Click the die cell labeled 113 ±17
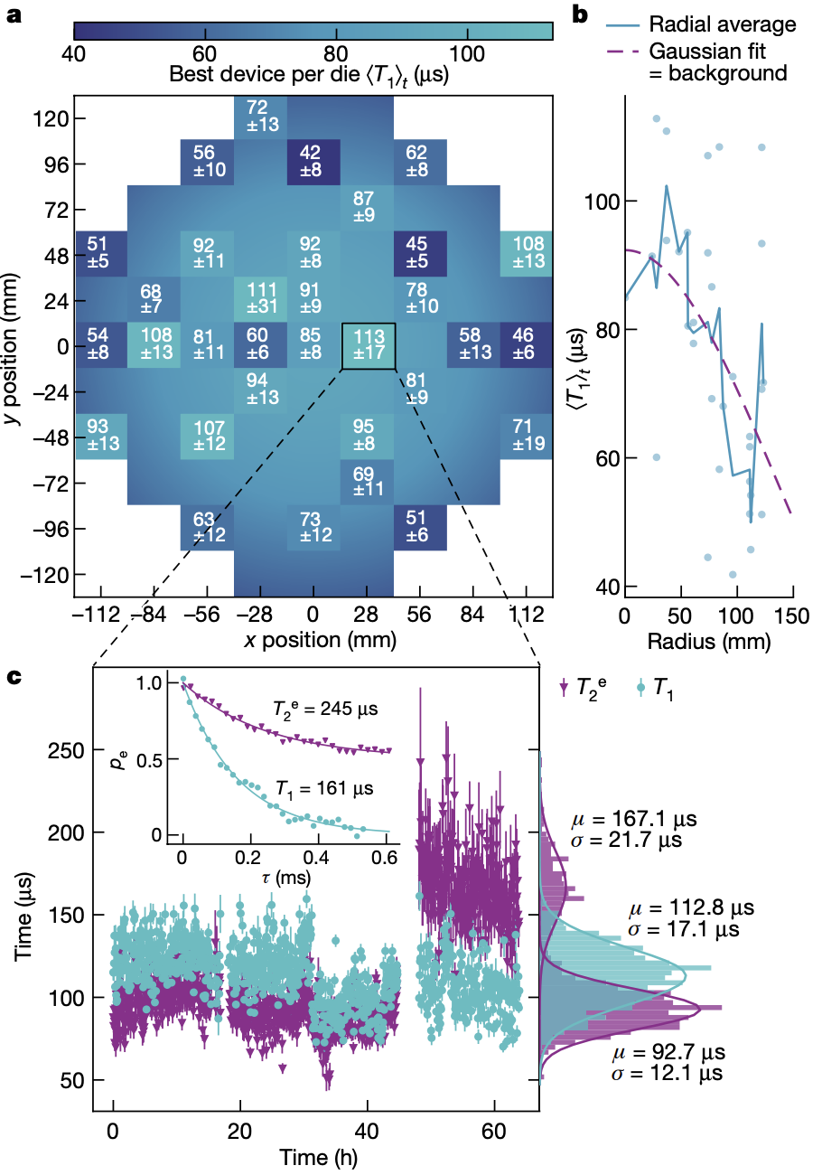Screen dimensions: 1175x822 click(368, 345)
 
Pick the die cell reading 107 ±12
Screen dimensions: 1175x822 click(207, 436)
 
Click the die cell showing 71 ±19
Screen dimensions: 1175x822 click(528, 436)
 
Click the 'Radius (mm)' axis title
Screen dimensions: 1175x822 click(708, 643)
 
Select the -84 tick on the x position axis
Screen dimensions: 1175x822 click(153, 616)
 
